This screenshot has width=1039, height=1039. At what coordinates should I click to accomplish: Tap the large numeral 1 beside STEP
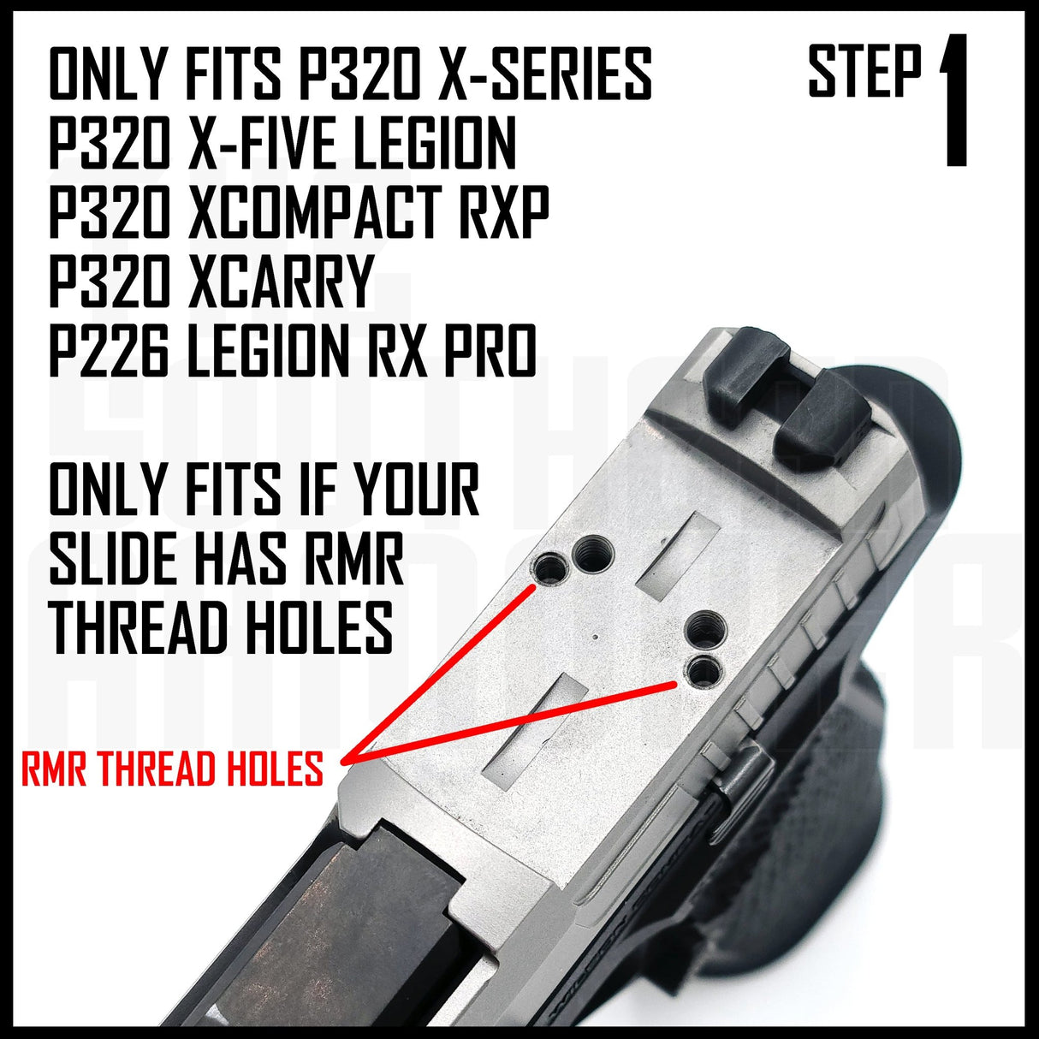(x=953, y=101)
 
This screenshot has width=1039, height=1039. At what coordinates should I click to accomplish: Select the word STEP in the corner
(x=865, y=73)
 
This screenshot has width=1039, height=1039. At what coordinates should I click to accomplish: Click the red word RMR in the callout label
(x=56, y=769)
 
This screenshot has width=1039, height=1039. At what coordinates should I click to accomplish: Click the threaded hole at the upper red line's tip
(x=549, y=566)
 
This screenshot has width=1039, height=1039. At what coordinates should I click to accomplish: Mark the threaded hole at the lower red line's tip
(x=703, y=672)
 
